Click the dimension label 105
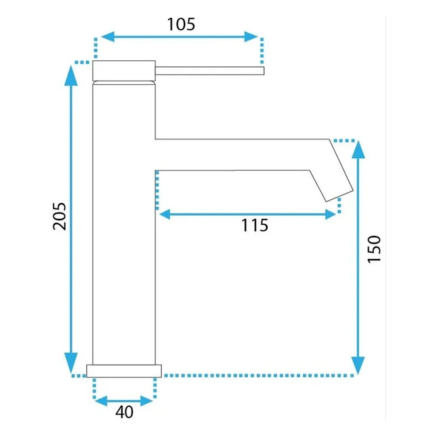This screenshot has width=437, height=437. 181,24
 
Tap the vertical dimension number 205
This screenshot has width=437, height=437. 59,216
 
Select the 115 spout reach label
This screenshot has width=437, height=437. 254,225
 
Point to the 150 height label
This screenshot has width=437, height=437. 374,249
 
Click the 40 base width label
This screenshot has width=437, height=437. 124,412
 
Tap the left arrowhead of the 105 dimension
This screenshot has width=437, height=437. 108,37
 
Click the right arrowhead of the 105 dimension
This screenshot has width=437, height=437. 251,37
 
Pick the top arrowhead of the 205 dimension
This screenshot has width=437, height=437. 71,75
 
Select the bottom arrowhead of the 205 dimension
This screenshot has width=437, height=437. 71,363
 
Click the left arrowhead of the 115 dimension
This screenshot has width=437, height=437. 165,214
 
